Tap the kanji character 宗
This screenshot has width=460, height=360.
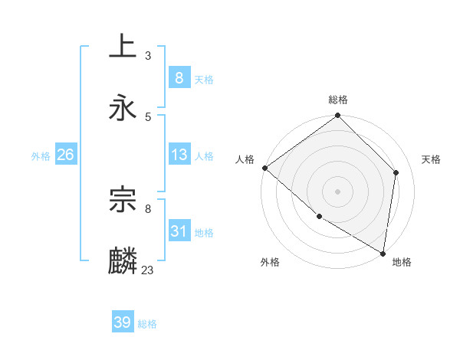click(x=123, y=200)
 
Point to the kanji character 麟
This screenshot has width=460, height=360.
click(x=123, y=261)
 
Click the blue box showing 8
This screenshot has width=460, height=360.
click(x=179, y=77)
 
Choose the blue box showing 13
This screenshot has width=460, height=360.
click(x=179, y=155)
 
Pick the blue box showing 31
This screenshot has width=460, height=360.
click(x=179, y=231)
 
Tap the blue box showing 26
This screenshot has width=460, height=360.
click(x=65, y=155)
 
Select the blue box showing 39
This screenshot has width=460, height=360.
click(x=123, y=322)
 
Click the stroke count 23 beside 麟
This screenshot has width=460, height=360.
click(x=148, y=270)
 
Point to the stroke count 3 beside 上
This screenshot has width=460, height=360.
click(x=147, y=55)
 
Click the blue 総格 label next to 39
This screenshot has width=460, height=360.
click(x=147, y=324)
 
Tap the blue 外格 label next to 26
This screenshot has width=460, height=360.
click(x=41, y=155)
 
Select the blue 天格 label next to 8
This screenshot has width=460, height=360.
click(x=204, y=79)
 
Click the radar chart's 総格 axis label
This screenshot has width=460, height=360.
click(x=338, y=100)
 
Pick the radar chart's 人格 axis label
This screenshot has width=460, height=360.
click(x=245, y=159)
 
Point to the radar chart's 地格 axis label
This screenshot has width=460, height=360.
click(x=402, y=262)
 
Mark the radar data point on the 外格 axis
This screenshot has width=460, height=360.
click(x=319, y=217)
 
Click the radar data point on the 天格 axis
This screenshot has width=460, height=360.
click(x=396, y=172)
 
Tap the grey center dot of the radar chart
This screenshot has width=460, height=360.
click(x=338, y=191)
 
